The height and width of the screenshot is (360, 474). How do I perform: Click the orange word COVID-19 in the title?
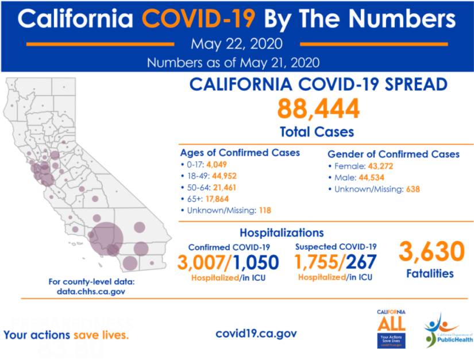[x=199, y=20]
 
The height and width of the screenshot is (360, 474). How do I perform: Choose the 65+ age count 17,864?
[x=225, y=199]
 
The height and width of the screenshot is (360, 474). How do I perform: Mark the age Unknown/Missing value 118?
[x=264, y=210]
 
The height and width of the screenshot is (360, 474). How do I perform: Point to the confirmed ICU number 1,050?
[x=256, y=262]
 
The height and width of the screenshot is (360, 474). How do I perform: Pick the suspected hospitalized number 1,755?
[x=316, y=262]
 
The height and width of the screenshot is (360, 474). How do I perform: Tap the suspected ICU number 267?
[x=361, y=262]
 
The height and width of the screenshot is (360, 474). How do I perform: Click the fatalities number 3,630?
[x=431, y=252]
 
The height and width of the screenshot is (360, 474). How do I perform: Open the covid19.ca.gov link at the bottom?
[x=256, y=334]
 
